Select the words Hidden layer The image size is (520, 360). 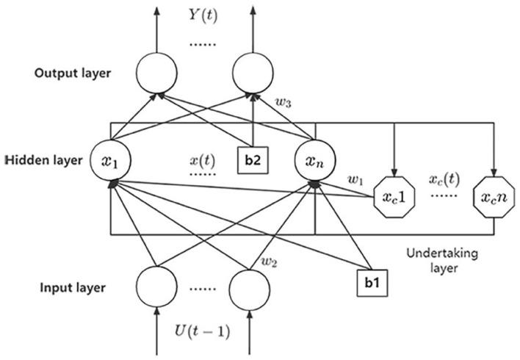44,159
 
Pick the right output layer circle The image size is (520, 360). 253,71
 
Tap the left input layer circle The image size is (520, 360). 155,287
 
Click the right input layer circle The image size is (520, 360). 253,287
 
